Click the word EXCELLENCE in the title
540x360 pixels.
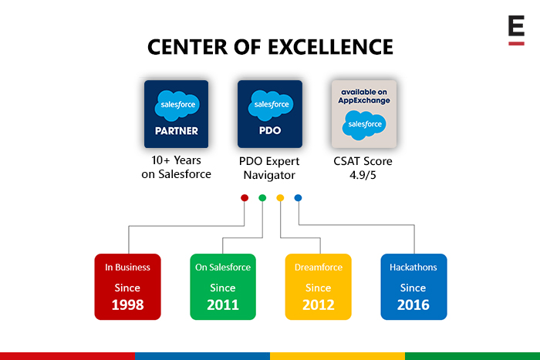point(330,47)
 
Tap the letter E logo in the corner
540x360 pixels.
point(516,30)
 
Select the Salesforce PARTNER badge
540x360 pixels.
point(177,114)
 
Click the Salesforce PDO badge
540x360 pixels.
point(270,114)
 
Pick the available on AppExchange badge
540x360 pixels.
point(364,114)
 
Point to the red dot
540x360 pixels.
point(245,197)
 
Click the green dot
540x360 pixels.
point(262,197)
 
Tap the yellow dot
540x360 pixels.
point(280,197)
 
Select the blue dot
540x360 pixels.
point(299,197)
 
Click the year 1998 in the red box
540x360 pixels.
point(127,304)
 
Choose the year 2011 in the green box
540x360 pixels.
point(223,304)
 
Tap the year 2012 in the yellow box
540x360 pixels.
point(318,304)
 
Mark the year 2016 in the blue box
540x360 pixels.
point(413,304)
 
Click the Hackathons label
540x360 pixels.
point(413,267)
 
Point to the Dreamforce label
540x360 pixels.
point(319,267)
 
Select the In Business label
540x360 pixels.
point(127,267)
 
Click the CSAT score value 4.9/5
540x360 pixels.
point(363,175)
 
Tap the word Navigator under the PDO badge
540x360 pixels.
point(269,175)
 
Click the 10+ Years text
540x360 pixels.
point(177,160)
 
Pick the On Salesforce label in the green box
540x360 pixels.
point(223,267)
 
